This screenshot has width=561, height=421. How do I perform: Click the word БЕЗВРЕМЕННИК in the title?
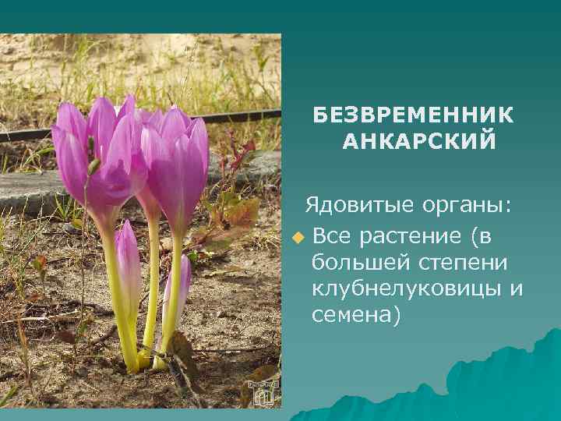414,115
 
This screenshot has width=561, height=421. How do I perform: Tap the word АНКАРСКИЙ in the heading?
419,142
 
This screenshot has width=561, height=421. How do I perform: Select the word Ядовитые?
349,205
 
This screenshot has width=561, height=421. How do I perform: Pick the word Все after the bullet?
333,235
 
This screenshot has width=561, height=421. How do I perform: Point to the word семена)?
355,315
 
